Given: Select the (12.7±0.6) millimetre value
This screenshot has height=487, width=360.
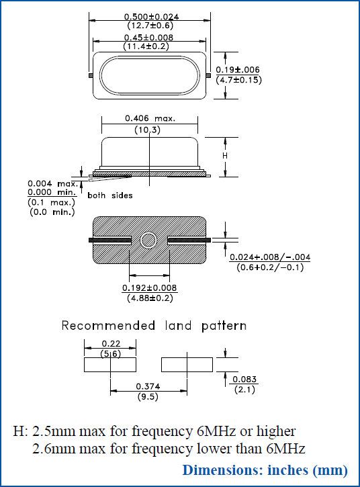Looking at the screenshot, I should [x=150, y=26].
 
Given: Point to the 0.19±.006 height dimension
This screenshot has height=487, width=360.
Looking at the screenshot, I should [x=238, y=70].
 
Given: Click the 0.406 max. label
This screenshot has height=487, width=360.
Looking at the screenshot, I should [x=150, y=118].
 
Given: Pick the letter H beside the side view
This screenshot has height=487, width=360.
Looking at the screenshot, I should [x=225, y=155].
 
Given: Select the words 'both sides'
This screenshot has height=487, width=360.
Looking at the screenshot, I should [x=110, y=195].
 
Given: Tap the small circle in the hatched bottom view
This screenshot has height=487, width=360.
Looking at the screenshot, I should [x=148, y=240].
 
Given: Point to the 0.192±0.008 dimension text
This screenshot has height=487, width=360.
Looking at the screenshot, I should [x=149, y=287].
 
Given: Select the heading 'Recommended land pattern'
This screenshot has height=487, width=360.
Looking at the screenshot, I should [x=154, y=326].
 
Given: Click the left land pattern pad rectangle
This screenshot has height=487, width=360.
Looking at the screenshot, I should [x=110, y=365].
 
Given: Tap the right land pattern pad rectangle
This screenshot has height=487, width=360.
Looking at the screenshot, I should [x=187, y=365].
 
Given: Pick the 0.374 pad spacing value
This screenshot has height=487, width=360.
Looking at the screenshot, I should [x=148, y=386].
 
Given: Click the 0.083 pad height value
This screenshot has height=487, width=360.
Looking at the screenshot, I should [x=244, y=380].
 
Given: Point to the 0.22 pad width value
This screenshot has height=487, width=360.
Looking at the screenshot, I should [x=109, y=343].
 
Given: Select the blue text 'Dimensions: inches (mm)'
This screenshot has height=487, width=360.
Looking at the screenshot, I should [x=265, y=470].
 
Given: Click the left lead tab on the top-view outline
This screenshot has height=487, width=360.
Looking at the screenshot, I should [x=91, y=75].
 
